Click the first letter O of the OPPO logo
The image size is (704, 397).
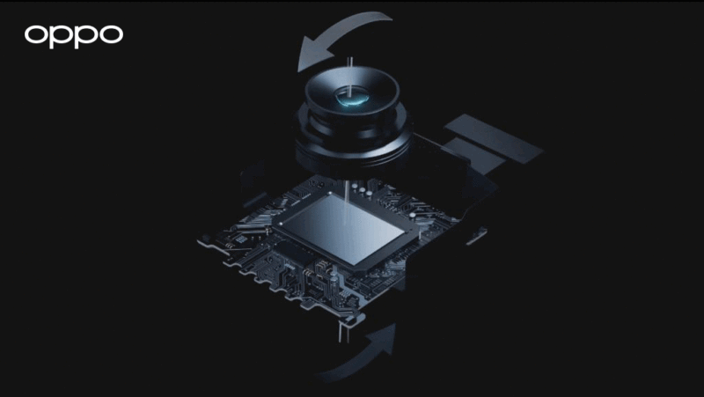pos(36,35)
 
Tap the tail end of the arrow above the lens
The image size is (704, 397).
pos(387,20)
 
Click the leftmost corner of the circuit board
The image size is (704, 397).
pos(204,238)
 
